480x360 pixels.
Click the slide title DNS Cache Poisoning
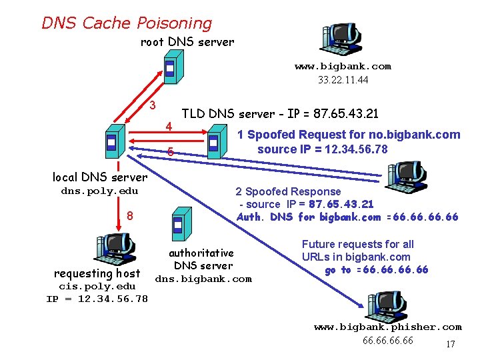(x=127, y=23)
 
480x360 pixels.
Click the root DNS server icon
(x=170, y=68)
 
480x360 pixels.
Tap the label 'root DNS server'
(x=187, y=42)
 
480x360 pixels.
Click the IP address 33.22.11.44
(x=343, y=79)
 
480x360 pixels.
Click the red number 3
(x=153, y=105)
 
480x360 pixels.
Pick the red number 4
(x=169, y=127)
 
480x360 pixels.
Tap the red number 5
(x=171, y=152)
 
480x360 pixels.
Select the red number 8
(x=130, y=216)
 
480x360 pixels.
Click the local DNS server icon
(x=111, y=141)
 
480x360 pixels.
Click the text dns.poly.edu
(x=99, y=191)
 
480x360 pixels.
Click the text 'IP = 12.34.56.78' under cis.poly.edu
(x=97, y=299)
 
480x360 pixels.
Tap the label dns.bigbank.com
(x=203, y=279)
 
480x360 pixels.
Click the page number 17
(x=450, y=345)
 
